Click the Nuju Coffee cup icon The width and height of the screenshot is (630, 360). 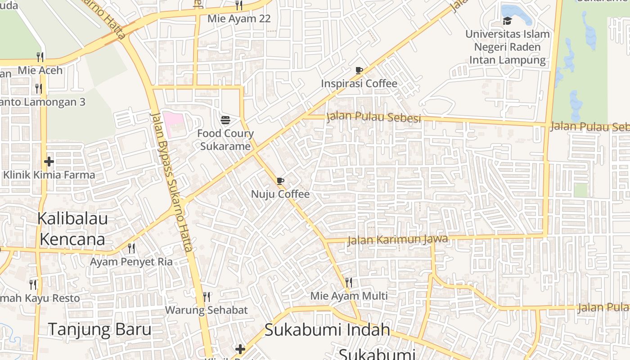point(280,181)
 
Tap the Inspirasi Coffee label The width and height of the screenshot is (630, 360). point(359,84)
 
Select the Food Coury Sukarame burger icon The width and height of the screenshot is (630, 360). point(225,120)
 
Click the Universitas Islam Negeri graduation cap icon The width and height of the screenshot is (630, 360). point(507,21)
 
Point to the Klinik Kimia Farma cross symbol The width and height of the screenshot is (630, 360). point(49,162)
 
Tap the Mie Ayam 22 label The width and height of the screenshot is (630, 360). point(239,19)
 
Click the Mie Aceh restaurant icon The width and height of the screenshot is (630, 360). point(40,57)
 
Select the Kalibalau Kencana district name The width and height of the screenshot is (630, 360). point(72,229)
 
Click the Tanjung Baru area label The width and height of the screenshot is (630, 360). point(99,329)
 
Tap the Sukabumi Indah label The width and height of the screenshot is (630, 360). point(327,330)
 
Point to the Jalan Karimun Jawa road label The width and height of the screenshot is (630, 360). point(398,240)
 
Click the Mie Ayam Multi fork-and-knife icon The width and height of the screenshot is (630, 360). point(349,283)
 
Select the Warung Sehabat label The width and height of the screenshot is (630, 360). point(207,310)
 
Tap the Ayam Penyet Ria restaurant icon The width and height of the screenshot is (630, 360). point(131,248)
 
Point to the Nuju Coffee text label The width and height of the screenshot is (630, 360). point(280,194)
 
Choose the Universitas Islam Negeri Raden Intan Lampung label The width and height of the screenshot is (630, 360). point(508,47)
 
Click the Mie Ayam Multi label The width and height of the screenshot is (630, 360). point(349,296)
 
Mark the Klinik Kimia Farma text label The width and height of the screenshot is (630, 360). point(49,175)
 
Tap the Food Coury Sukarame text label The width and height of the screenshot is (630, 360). point(225,140)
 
